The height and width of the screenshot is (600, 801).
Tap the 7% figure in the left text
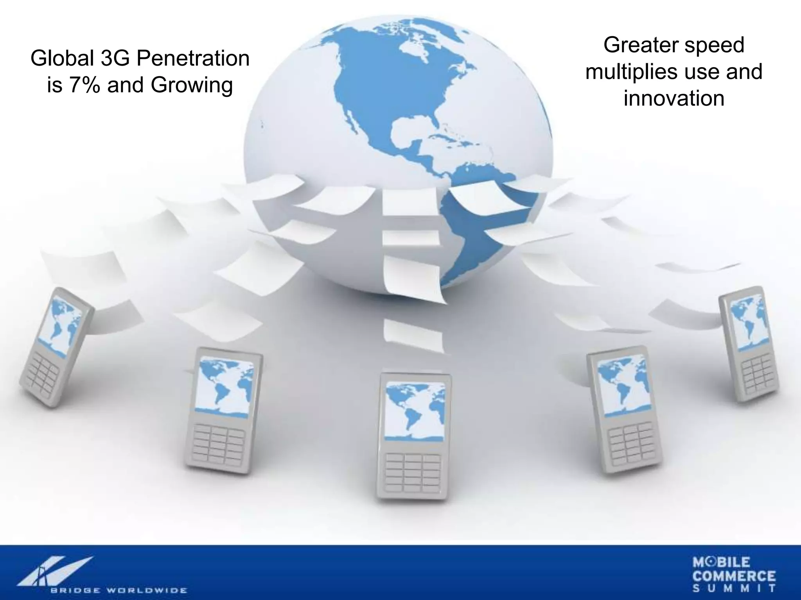[83, 85]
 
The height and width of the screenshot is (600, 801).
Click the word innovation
[674, 98]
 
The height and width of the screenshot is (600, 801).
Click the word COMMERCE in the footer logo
[734, 576]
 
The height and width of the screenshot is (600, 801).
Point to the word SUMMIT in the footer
[734, 589]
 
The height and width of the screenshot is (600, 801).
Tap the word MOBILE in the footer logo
[722, 562]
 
